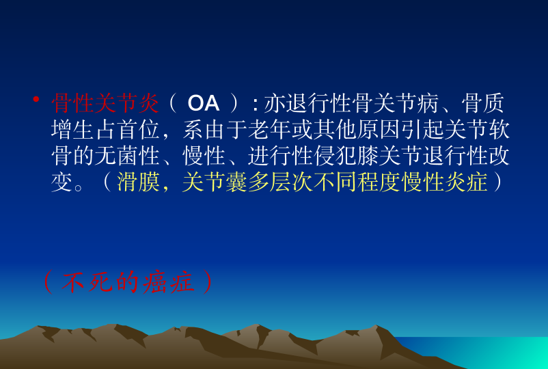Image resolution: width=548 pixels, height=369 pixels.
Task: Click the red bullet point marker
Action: [36, 100]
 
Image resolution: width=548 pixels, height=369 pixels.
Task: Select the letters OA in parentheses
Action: [204, 103]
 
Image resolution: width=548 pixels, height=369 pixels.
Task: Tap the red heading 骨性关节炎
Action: [105, 103]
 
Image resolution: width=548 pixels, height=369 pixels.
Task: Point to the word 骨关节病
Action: [395, 103]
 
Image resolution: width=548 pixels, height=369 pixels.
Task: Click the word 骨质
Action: [482, 103]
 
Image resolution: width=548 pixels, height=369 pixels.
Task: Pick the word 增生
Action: [72, 130]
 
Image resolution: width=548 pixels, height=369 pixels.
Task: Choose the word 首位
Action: [139, 130]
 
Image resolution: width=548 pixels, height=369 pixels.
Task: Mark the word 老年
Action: [269, 130]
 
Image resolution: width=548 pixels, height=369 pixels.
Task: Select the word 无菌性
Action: [127, 156]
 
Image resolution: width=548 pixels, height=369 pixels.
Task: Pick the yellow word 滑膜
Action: [139, 182]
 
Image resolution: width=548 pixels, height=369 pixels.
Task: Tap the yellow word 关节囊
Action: [215, 182]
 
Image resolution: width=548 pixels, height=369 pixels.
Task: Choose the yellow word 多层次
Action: [281, 182]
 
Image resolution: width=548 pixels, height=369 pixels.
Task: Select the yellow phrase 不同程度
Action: [357, 182]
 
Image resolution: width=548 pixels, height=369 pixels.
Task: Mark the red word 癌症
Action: [169, 282]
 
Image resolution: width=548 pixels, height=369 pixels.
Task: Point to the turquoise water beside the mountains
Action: [496, 352]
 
